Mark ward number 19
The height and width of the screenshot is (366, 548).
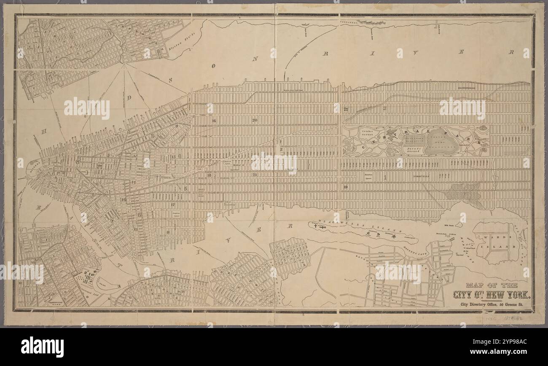click(x=345, y=186)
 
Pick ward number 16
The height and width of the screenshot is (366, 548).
click(x=214, y=121)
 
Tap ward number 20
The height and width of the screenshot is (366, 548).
click(x=255, y=120)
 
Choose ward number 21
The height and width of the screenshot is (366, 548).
click(x=255, y=174)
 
